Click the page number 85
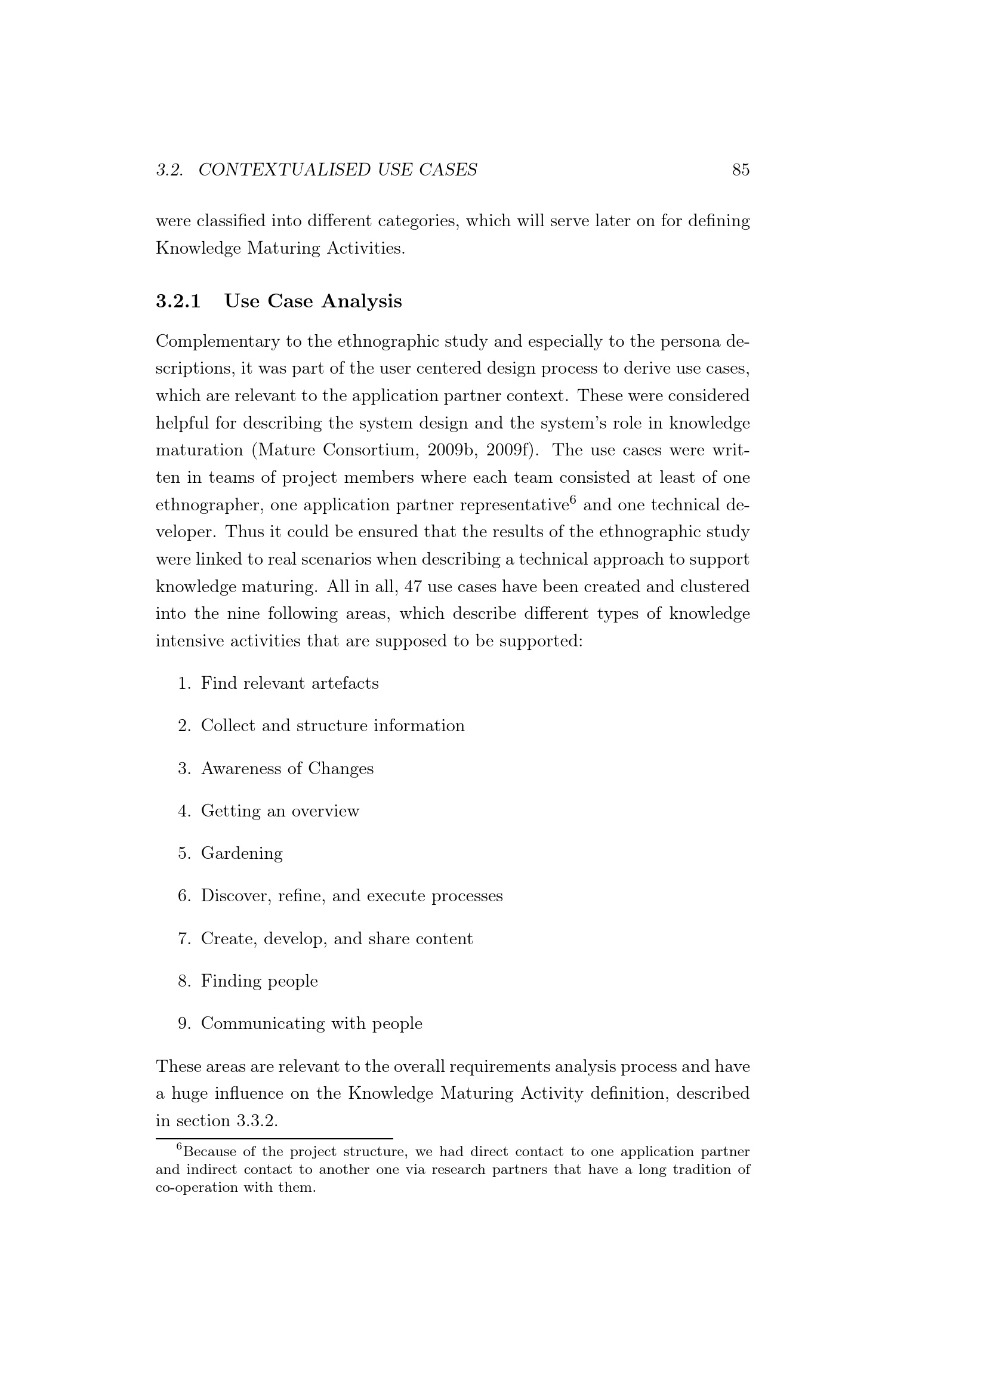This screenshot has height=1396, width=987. (740, 170)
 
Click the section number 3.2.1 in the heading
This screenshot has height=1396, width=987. (178, 301)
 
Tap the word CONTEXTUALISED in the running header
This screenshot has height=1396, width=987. (284, 170)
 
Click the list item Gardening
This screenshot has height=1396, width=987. (242, 853)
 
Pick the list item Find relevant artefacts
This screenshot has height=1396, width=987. (289, 683)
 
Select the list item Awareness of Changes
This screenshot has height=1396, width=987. (287, 769)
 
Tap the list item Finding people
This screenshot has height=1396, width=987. (260, 981)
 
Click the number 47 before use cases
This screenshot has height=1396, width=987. (414, 587)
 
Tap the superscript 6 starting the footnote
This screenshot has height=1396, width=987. (179, 1147)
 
